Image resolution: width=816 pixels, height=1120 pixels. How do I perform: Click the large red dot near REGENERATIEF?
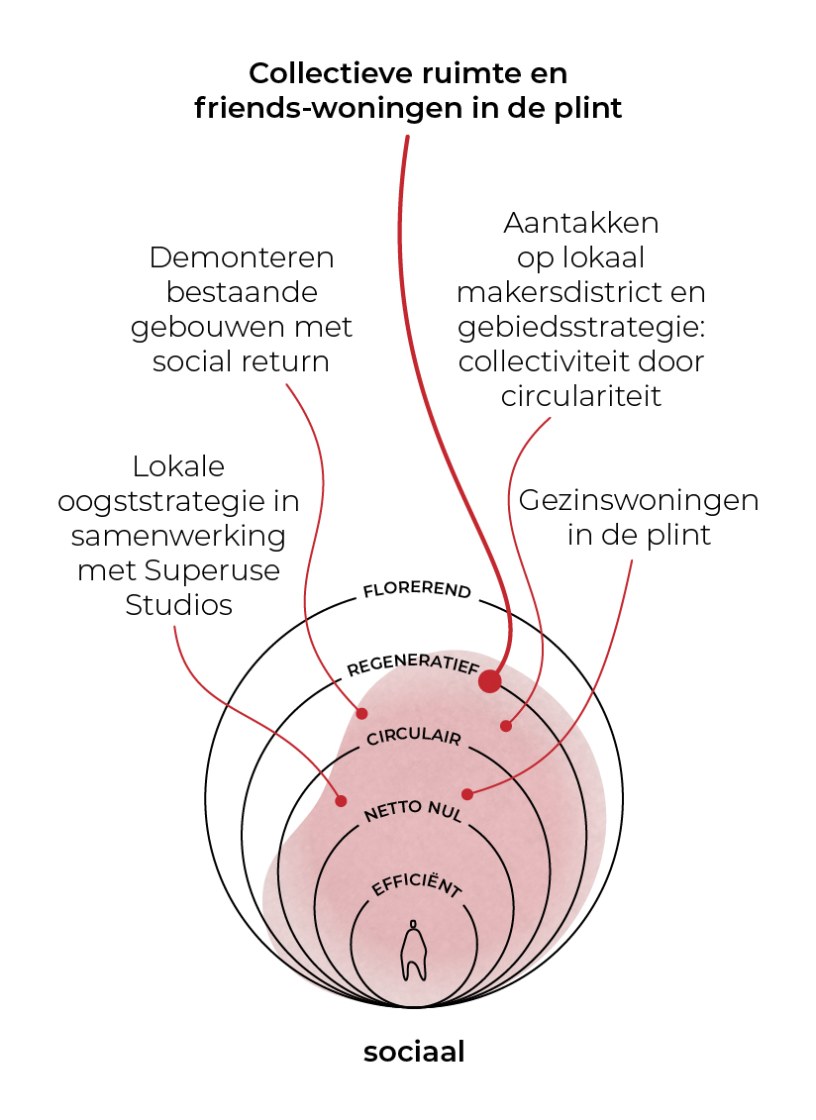[489, 680]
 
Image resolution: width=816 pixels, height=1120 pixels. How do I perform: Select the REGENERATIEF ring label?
[413, 665]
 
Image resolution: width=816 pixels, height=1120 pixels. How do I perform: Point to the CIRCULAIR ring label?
[414, 737]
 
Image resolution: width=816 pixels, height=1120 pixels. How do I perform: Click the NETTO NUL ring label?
[414, 811]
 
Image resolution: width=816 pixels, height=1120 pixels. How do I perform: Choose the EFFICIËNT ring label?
[417, 884]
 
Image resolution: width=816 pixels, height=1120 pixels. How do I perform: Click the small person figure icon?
[413, 950]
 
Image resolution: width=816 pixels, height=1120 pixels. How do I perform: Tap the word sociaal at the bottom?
[414, 1052]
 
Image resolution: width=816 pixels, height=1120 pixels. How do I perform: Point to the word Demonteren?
[242, 257]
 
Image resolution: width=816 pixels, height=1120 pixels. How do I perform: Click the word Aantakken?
[581, 223]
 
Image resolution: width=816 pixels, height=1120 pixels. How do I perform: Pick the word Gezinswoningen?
[639, 500]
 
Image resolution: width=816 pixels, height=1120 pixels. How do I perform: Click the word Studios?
[178, 605]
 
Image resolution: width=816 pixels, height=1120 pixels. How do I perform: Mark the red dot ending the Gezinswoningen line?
[467, 794]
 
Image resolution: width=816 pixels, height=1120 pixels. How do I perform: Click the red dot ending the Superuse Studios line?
[342, 801]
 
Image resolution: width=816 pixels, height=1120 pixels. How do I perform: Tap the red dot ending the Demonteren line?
[362, 713]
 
